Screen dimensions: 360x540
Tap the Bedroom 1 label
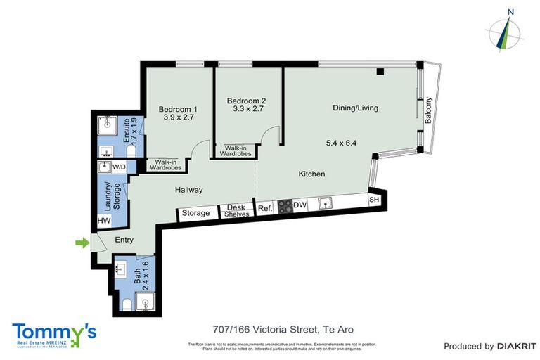177,109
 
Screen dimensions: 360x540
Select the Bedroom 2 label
248,101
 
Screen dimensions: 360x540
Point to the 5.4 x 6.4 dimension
342,143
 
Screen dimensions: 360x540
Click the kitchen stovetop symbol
285,207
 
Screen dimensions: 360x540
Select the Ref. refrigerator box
265,208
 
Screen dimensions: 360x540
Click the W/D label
120,167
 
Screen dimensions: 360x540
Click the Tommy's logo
53,333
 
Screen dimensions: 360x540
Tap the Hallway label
188,190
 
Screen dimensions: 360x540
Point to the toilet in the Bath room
126,304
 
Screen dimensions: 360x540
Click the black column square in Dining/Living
380,71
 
